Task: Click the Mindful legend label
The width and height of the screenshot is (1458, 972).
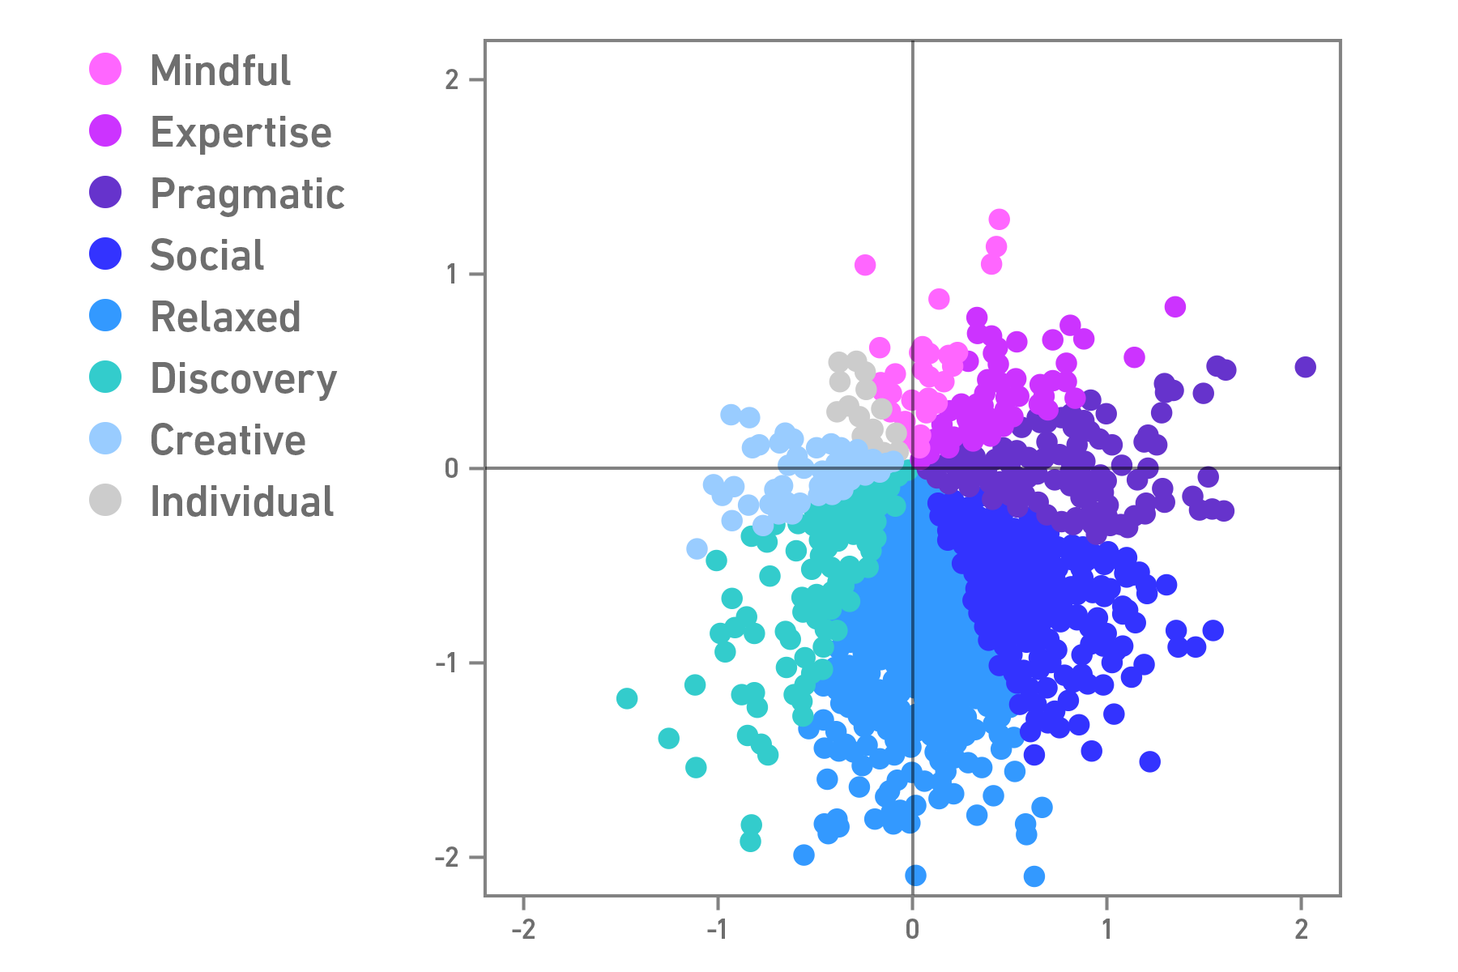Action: pos(220,70)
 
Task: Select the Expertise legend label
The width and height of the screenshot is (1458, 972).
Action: pos(241,132)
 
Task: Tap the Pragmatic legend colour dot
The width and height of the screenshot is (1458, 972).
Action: pos(105,193)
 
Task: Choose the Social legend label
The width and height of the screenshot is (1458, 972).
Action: pos(207,255)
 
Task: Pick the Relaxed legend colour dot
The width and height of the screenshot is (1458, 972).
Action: pos(105,316)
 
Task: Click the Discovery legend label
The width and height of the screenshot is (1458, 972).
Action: pos(243,378)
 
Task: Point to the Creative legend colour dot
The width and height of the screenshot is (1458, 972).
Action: pos(105,439)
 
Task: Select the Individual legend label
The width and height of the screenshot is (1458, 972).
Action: pos(241,501)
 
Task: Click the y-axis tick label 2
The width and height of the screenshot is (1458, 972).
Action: pos(452,79)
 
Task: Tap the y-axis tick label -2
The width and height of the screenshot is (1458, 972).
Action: pos(447,857)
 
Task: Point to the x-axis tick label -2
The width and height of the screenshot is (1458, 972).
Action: pos(523,929)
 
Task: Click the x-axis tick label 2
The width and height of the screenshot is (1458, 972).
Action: pos(1301,929)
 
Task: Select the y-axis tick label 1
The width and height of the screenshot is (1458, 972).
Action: pos(452,274)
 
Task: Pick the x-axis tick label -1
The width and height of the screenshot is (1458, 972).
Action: pos(718,929)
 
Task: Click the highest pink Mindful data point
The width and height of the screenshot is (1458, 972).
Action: pos(999,220)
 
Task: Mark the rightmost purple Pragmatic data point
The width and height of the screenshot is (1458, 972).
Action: pos(1305,367)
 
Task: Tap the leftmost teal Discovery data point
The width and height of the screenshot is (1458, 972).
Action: pos(627,698)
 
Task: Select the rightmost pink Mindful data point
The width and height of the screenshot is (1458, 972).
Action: pos(1175,306)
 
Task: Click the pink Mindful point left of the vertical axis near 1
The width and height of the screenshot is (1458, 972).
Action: pos(865,265)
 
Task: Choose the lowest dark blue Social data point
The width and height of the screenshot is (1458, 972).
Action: pos(1149,761)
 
